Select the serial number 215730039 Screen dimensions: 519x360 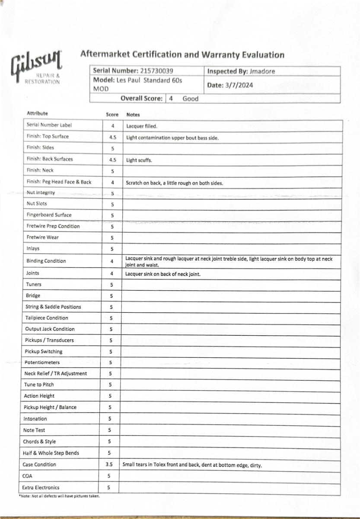(157, 70)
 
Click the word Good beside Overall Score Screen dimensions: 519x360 (190, 99)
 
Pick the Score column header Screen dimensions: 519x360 (112, 115)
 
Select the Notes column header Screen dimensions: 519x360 (133, 115)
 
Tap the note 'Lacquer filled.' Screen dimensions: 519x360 (142, 126)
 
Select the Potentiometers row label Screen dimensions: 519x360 (42, 362)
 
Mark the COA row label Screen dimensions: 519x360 (27, 476)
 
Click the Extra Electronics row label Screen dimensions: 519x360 (41, 487)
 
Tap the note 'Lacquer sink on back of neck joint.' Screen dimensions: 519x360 (163, 274)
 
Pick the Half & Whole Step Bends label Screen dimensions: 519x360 (51, 453)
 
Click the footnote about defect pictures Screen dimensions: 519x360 (60, 496)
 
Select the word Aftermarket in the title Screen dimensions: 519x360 (105, 54)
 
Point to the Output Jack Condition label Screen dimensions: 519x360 (50, 329)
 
